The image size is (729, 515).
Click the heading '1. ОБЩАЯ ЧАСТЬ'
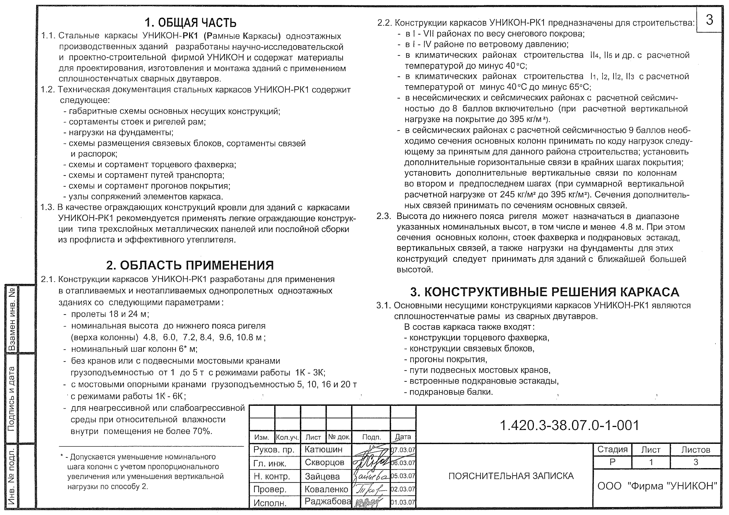(191, 23)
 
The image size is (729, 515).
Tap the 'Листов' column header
(695, 450)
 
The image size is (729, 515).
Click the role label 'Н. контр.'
(272, 476)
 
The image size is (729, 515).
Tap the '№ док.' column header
(339, 437)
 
